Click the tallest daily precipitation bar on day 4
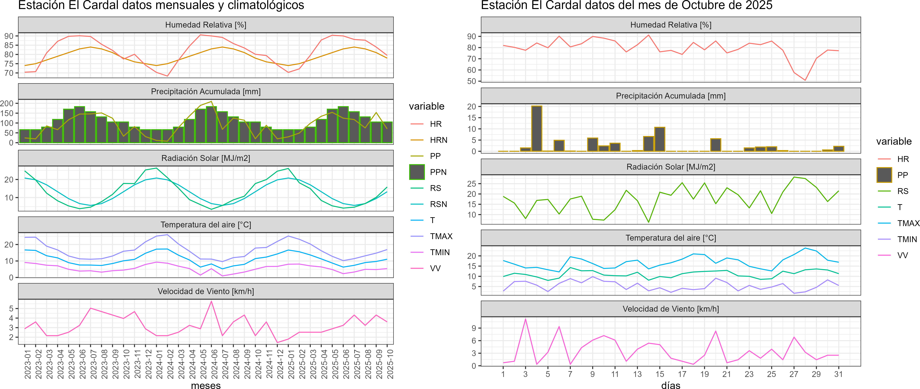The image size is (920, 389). (x=536, y=129)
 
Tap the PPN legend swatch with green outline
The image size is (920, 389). (x=417, y=172)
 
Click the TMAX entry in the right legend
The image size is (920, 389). (x=908, y=223)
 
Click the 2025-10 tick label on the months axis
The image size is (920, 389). (x=390, y=364)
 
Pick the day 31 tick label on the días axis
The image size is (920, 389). (x=838, y=374)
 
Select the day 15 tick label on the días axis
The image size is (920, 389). (x=660, y=374)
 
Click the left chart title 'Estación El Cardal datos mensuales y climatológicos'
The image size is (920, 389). (x=161, y=5)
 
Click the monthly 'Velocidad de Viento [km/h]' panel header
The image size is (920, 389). (x=206, y=291)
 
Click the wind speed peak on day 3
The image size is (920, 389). (x=525, y=319)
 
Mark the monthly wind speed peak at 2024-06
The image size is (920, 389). (x=211, y=301)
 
